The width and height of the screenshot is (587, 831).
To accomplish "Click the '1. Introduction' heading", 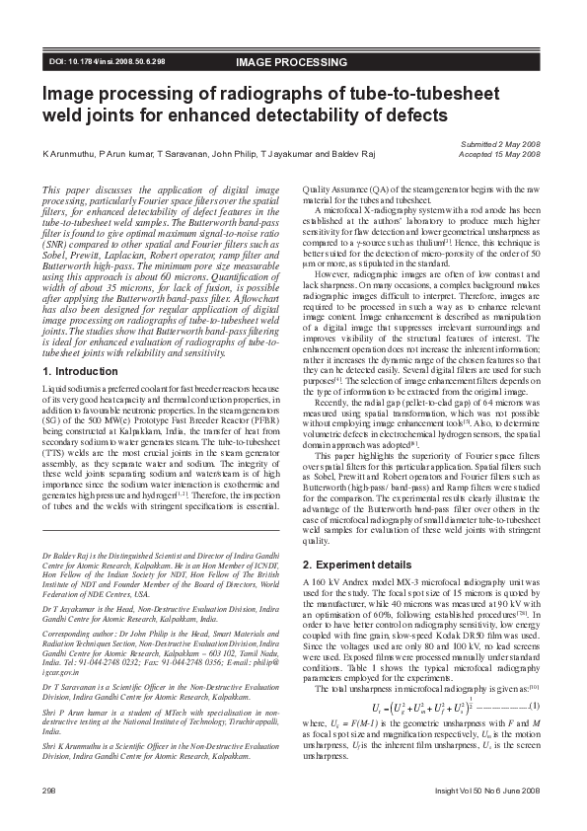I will point(81,371).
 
